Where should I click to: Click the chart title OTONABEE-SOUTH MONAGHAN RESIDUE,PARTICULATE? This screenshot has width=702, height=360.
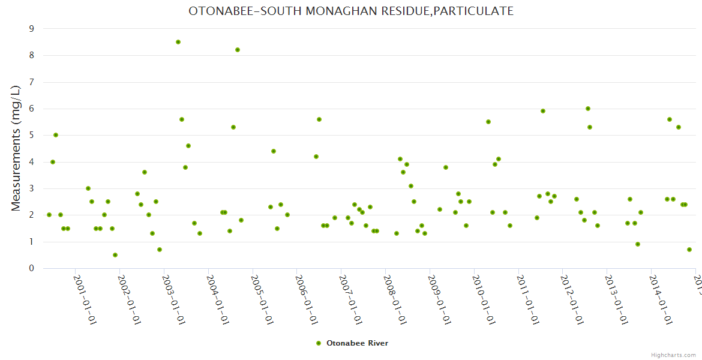[351, 11]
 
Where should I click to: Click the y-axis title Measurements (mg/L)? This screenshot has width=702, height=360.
[16, 148]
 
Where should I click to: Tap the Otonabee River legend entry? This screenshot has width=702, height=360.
[352, 343]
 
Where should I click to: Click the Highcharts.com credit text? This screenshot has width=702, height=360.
[674, 355]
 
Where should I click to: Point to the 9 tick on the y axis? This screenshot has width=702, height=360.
[31, 29]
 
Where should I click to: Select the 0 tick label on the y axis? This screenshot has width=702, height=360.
[31, 268]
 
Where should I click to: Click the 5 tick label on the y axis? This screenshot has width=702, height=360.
[31, 135]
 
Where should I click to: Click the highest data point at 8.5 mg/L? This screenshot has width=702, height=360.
[178, 42]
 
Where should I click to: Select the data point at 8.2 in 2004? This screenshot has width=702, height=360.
[238, 50]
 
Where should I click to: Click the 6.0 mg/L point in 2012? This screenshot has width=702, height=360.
[588, 109]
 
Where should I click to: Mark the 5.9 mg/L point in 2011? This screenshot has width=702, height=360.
[543, 111]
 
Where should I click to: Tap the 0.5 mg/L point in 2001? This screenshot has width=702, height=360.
[115, 255]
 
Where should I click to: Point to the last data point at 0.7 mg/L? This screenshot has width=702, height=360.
[689, 250]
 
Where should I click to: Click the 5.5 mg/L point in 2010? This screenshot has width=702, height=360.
[488, 122]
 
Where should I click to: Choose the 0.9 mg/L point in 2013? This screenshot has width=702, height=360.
[638, 244]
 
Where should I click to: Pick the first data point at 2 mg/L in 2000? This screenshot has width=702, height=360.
[49, 215]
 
